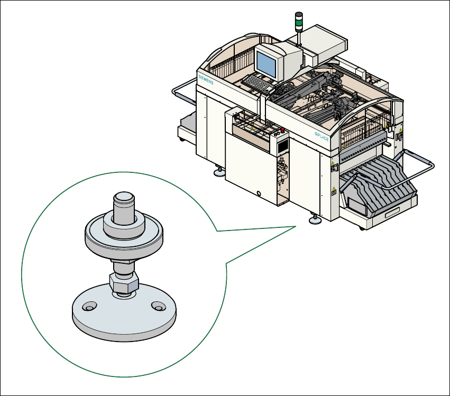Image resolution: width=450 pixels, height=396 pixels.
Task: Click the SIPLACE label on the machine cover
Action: (x=322, y=136)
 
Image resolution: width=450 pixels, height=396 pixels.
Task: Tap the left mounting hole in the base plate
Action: (x=88, y=307)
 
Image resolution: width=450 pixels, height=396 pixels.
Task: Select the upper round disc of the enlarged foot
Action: (x=123, y=236)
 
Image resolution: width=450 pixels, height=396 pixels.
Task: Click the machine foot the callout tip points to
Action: (x=316, y=219)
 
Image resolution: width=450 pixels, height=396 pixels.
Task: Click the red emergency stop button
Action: (x=282, y=130)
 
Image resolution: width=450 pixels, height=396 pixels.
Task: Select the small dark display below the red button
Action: (x=282, y=144)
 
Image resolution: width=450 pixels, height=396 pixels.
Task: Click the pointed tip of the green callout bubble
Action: (x=294, y=226)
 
